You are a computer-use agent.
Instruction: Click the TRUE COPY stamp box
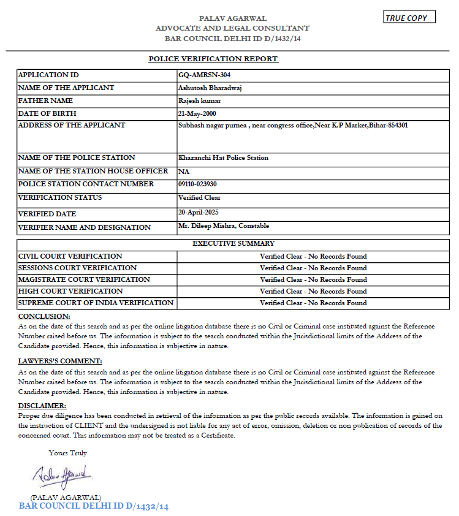(x=409, y=18)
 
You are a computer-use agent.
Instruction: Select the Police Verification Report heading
(x=213, y=59)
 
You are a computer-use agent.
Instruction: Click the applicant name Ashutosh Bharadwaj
(x=210, y=88)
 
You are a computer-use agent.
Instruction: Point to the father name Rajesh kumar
(x=200, y=101)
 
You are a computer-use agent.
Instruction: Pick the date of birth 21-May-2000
(x=197, y=113)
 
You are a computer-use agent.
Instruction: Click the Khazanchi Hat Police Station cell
(x=223, y=157)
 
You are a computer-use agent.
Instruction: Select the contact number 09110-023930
(x=197, y=184)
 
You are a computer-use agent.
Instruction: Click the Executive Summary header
(x=233, y=243)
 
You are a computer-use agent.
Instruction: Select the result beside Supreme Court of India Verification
(x=313, y=303)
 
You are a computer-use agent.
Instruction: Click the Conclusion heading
(x=44, y=316)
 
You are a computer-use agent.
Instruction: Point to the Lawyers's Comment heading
(x=60, y=361)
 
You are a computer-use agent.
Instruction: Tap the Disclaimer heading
(x=42, y=406)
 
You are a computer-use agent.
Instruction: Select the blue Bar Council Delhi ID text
(x=94, y=507)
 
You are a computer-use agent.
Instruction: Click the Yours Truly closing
(x=68, y=453)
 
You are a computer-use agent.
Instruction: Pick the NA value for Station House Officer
(x=183, y=172)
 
